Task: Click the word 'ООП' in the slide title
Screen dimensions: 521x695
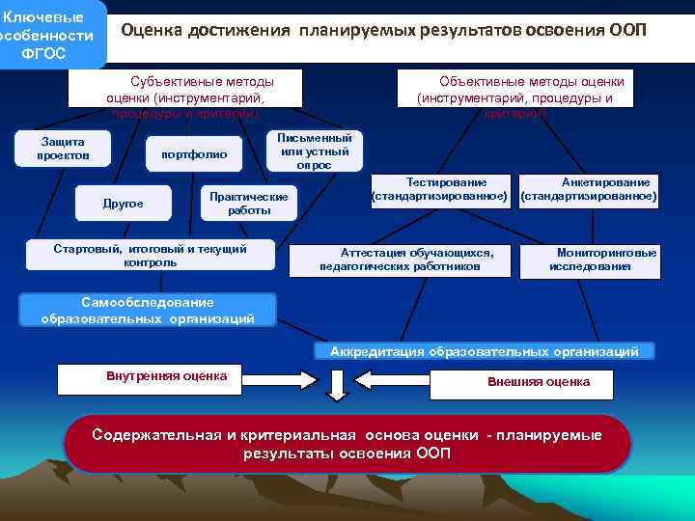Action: [628, 30]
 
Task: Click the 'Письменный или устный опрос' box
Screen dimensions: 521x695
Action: [314, 151]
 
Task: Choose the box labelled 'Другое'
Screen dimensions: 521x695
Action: [123, 204]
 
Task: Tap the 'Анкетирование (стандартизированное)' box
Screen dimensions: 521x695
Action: [589, 189]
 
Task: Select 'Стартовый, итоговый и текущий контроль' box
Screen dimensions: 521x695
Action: [151, 256]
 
